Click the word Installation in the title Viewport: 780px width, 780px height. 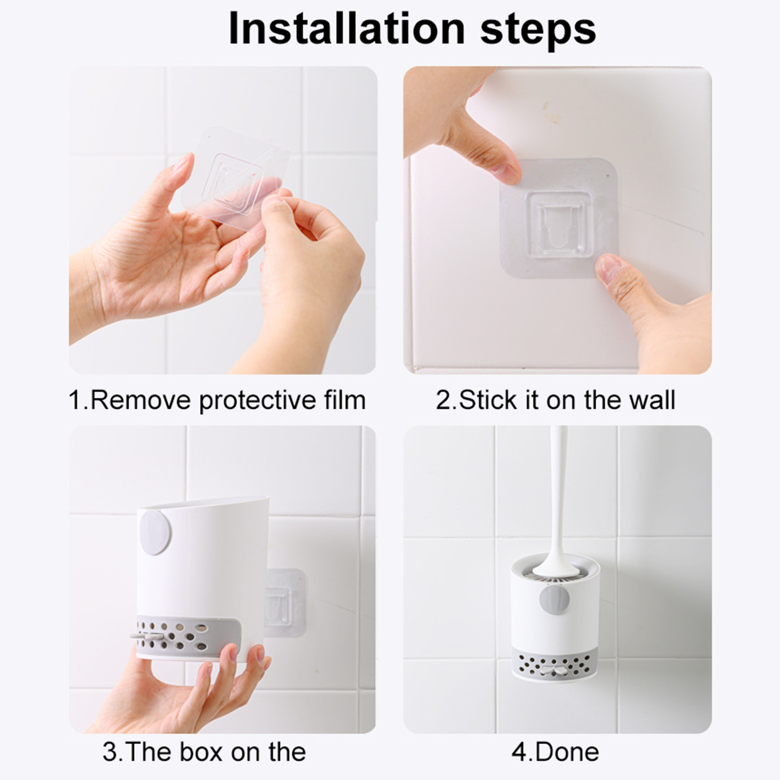(x=347, y=29)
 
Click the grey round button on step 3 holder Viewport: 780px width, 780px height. (x=156, y=532)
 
